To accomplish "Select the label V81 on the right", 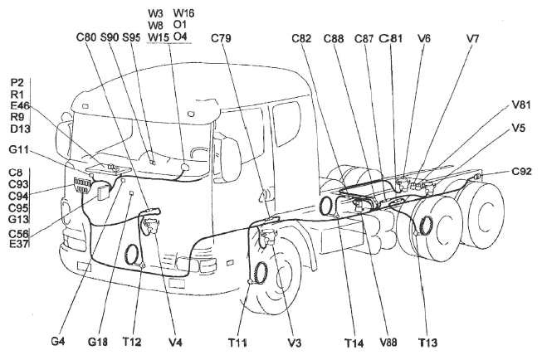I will (x=521, y=105).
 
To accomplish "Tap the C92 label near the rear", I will (x=521, y=172).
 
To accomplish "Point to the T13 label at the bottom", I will (x=428, y=341).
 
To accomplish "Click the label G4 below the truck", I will (x=57, y=341).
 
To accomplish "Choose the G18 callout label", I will (x=98, y=341).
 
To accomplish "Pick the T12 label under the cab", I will (x=133, y=341).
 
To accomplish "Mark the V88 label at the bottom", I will (x=388, y=341).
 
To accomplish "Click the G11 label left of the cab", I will (x=21, y=150).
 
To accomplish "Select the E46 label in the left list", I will (x=20, y=106).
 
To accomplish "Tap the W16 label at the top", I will (x=184, y=14).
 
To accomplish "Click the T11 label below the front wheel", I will (x=241, y=341).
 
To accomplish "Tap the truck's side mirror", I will (x=230, y=159).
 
